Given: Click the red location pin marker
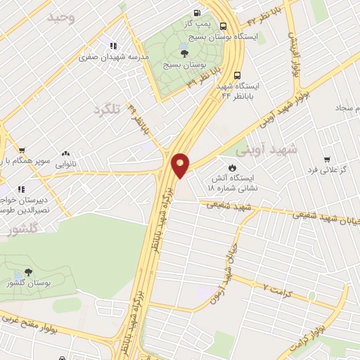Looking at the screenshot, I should coord(181,165).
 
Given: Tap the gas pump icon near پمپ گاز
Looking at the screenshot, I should coord(196,13).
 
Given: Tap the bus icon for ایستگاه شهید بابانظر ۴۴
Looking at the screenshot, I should coord(237,73).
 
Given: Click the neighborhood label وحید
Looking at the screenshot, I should coord(61,18).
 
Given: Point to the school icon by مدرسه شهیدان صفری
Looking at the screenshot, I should coord(105,45).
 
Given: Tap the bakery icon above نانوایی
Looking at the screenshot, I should coord(65,153).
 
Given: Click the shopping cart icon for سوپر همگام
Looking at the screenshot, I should coord(22,150).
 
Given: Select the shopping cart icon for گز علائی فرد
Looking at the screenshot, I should coord(326,160).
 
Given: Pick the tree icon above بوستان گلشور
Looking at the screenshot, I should coord(28,271).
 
